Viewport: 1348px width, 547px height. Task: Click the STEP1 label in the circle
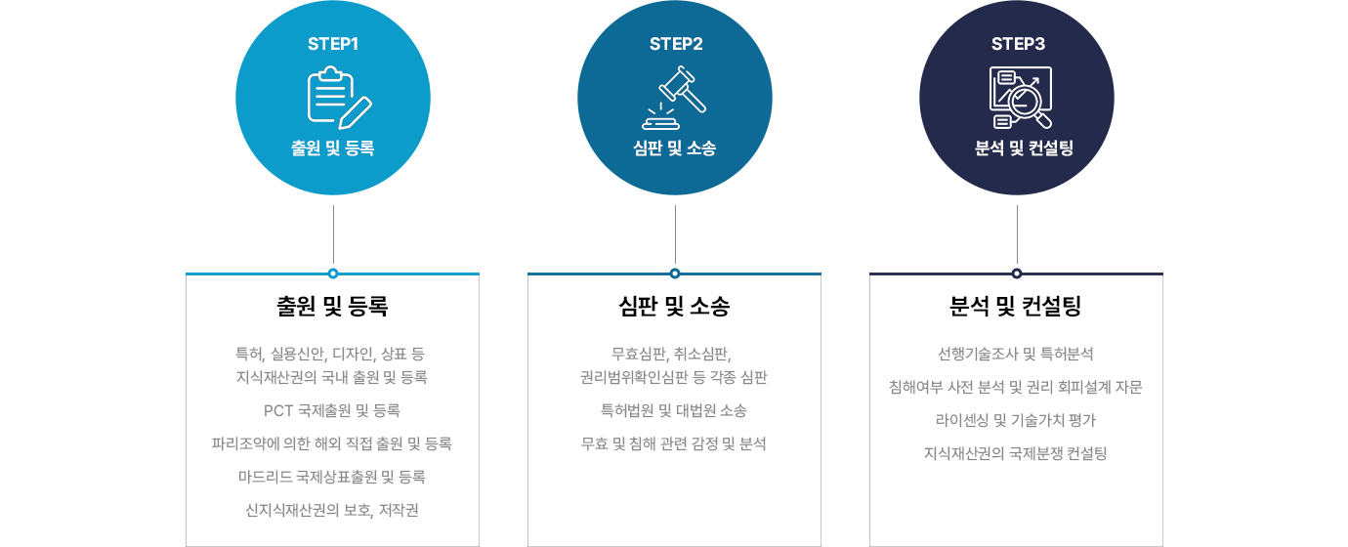click(x=333, y=44)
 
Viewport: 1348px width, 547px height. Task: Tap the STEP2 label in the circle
click(x=676, y=44)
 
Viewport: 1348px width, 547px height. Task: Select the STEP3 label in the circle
click(x=1018, y=44)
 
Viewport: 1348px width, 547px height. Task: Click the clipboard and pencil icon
click(x=339, y=98)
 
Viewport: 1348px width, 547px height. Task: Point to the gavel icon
click(x=674, y=98)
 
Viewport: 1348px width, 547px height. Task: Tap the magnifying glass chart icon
click(x=1021, y=98)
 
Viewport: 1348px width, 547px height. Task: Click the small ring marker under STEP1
click(x=333, y=273)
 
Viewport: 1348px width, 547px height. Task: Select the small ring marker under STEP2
click(x=675, y=273)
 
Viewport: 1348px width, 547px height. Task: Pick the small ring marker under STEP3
click(x=1017, y=273)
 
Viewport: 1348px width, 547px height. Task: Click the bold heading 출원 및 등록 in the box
click(x=332, y=307)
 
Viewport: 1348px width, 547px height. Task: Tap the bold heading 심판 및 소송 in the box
click(x=674, y=307)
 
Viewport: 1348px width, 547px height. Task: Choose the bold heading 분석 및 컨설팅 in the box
click(x=1016, y=307)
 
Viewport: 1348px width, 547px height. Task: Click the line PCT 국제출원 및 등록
click(x=332, y=411)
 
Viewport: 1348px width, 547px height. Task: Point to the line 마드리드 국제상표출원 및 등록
click(x=332, y=478)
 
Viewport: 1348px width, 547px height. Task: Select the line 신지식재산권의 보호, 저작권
click(x=332, y=510)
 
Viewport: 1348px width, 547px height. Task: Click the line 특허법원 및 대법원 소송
click(x=674, y=411)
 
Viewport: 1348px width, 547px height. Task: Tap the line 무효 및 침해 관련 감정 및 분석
click(x=674, y=444)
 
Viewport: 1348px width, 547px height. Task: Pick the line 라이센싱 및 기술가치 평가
click(x=1016, y=420)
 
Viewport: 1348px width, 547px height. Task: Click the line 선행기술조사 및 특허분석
click(x=1016, y=354)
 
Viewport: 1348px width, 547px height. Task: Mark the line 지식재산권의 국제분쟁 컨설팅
click(x=1016, y=453)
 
